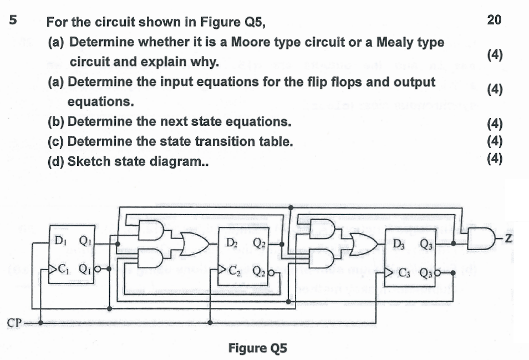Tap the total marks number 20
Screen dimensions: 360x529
(x=494, y=21)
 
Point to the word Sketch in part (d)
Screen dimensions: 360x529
(x=87, y=161)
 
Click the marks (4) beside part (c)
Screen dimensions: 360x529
(x=494, y=141)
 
